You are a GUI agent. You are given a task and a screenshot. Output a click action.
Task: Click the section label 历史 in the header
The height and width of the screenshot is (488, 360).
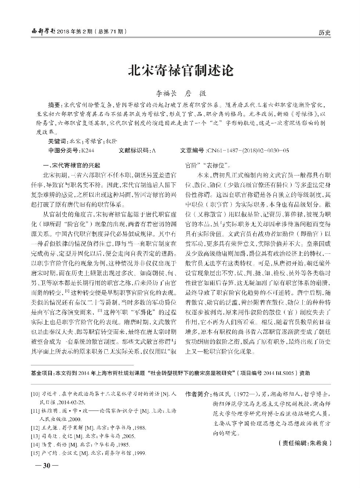pos(324,33)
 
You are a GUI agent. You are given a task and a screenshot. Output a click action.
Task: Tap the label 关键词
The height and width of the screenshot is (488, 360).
pos(58,141)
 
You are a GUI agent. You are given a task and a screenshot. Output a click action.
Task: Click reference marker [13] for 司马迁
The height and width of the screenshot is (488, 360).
pos(35,436)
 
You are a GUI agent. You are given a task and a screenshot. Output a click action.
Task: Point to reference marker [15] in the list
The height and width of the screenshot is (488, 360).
pos(35,453)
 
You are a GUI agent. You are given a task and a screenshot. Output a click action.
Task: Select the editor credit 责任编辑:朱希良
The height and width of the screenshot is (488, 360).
pos(305,443)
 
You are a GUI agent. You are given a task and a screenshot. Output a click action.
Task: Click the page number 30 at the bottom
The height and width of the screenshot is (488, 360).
pos(46,466)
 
